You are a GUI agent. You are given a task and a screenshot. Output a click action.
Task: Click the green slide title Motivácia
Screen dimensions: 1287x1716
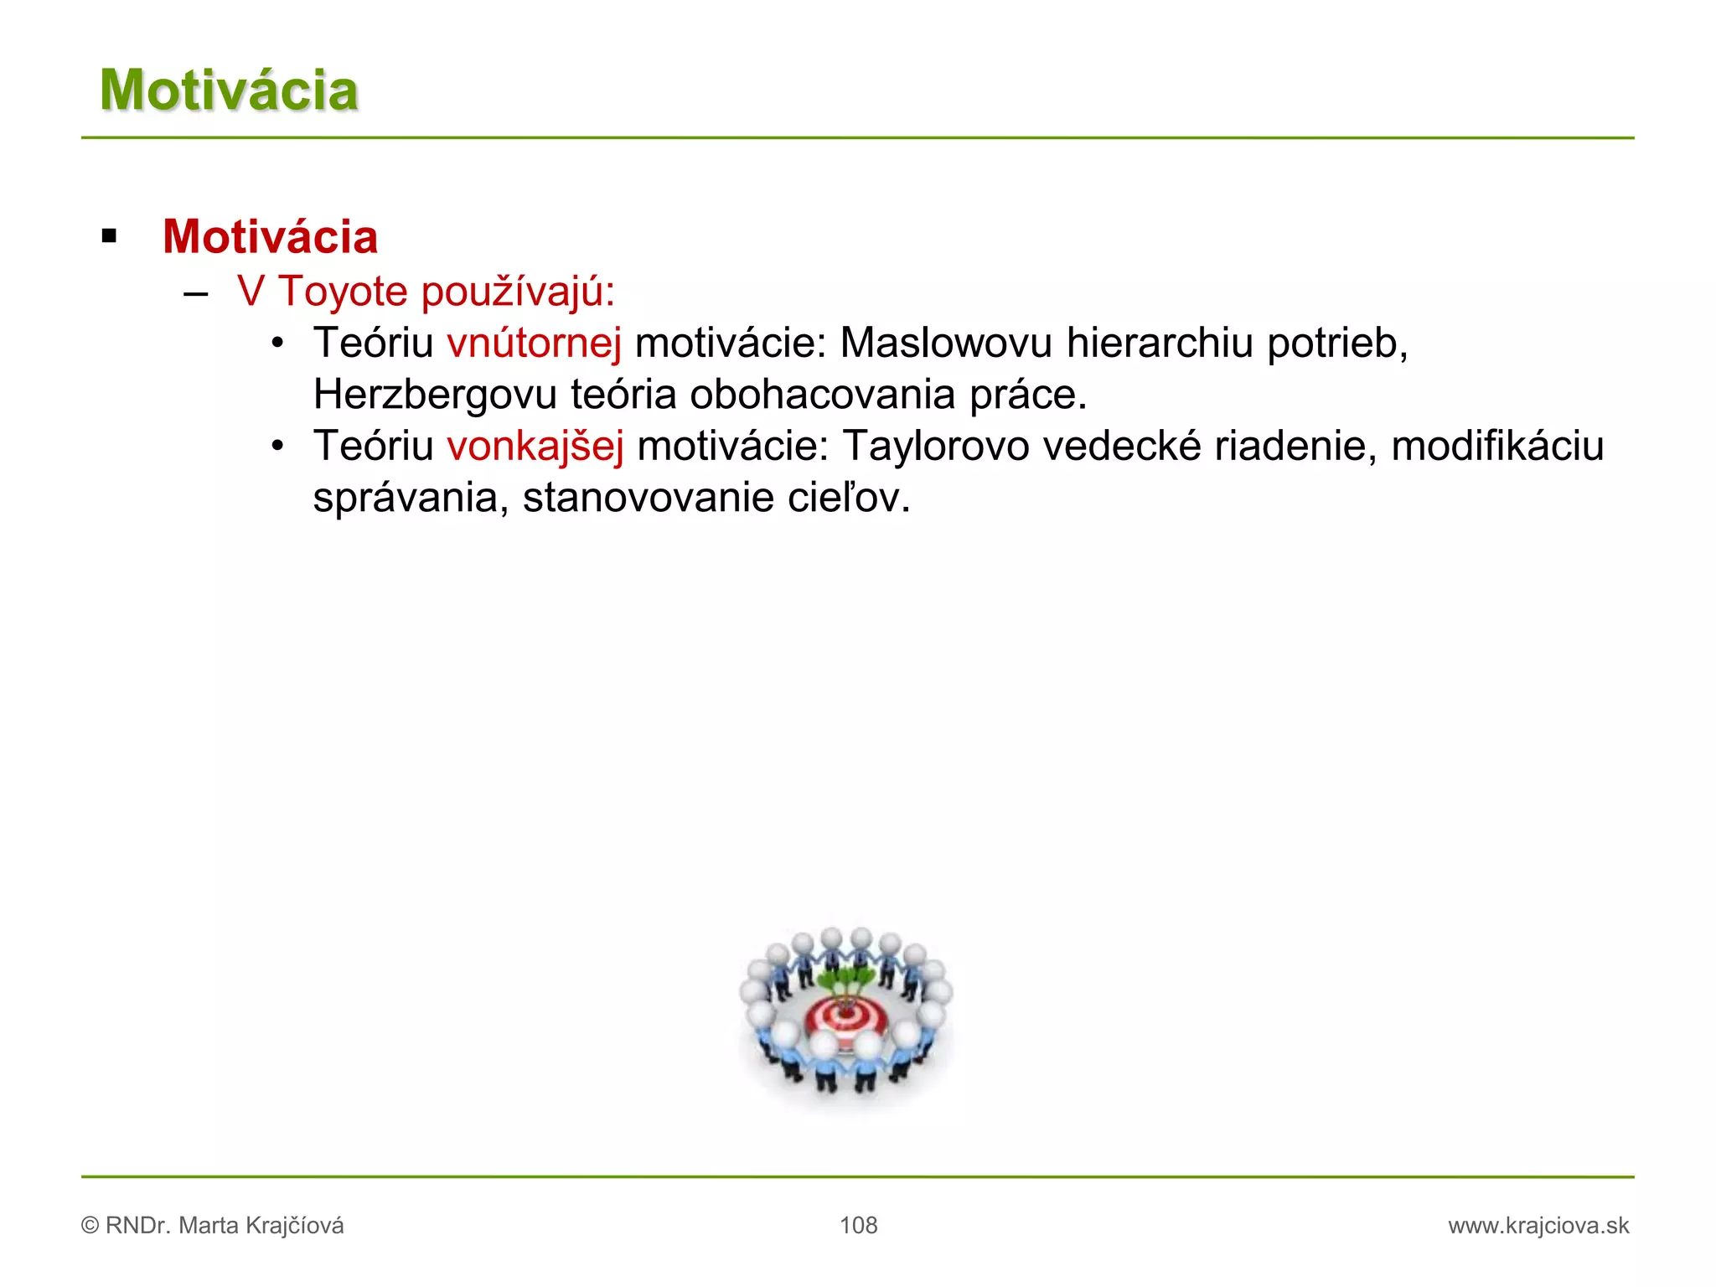(x=229, y=90)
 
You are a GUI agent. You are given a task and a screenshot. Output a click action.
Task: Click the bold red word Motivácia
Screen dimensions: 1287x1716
(x=270, y=236)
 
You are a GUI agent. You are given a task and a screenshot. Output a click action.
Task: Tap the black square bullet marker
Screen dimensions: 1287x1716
(x=109, y=236)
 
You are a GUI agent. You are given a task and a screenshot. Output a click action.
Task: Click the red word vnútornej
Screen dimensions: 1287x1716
(x=534, y=344)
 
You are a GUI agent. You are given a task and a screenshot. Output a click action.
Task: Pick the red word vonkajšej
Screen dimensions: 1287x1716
(x=535, y=446)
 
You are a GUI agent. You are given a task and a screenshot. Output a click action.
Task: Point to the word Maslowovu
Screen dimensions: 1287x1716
(x=946, y=344)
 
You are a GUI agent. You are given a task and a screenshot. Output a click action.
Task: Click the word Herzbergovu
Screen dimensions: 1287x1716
(x=435, y=395)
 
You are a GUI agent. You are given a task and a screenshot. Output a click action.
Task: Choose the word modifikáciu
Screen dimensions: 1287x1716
(x=1497, y=446)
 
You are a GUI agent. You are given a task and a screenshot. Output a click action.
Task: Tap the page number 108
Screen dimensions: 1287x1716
(x=858, y=1225)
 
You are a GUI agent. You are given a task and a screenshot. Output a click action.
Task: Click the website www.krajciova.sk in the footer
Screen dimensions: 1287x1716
(x=1538, y=1225)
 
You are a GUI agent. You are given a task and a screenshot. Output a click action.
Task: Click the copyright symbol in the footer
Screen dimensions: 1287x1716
(x=90, y=1226)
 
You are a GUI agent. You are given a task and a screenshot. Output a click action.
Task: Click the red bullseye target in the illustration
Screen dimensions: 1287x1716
(x=845, y=1017)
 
